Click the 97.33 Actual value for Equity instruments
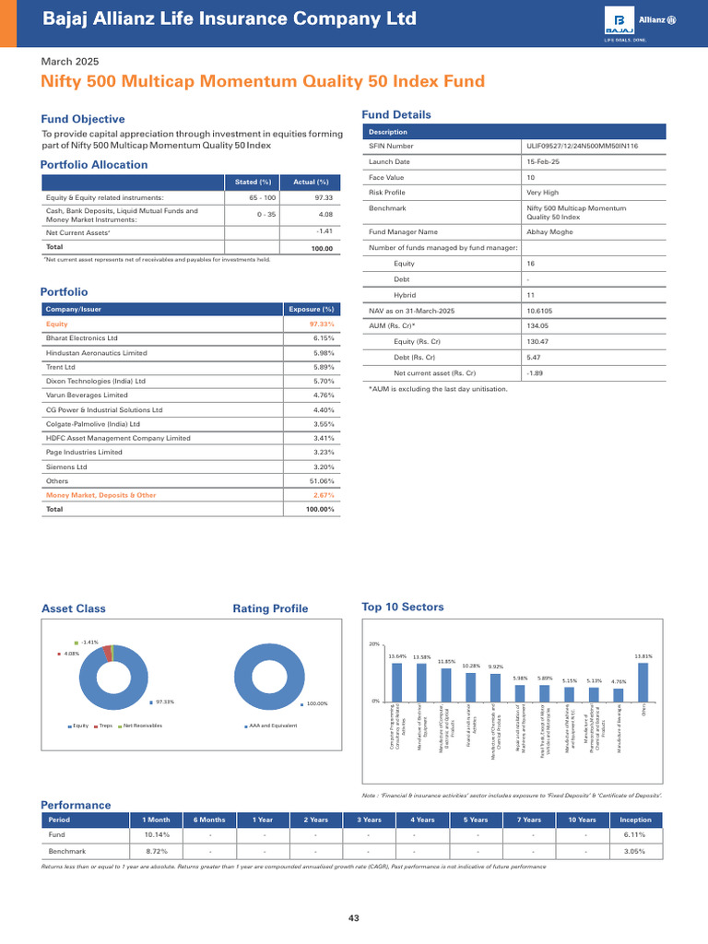(x=323, y=197)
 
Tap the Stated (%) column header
(x=253, y=182)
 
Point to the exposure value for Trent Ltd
(x=320, y=366)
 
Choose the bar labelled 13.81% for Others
(x=643, y=682)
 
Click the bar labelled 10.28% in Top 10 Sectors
(x=470, y=687)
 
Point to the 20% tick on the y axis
(x=375, y=644)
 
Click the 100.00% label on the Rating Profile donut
(x=316, y=703)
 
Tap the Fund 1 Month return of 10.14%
(x=156, y=834)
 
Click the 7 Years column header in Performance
(x=529, y=820)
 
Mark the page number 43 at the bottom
(x=354, y=917)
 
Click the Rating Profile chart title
(x=270, y=608)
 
